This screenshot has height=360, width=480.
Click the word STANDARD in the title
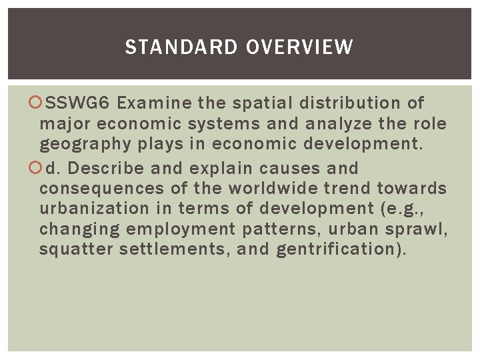coord(181,47)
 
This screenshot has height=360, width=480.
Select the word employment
coord(181,229)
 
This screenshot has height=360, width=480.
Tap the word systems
coord(223,124)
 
